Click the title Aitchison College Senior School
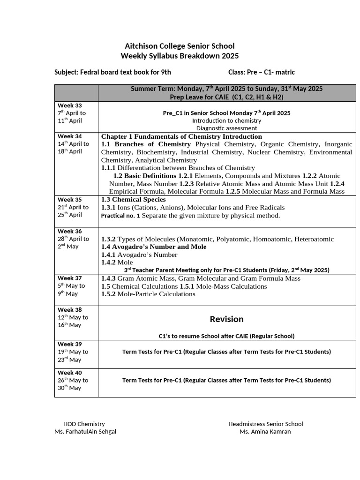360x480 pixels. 180,46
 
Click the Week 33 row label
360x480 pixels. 69,105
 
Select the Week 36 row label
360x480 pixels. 69,231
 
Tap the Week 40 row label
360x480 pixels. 69,373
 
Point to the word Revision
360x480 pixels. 226,319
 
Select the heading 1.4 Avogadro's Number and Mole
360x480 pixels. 154,247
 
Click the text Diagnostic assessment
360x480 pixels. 226,128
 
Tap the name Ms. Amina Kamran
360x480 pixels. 265,431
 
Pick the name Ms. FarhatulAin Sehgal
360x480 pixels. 85,431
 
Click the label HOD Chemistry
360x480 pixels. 84,424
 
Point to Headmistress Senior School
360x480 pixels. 265,424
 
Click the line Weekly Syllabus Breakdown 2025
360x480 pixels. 180,56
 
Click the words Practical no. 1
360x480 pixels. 120,216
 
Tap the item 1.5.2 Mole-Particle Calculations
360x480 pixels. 148,294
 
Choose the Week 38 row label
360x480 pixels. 69,310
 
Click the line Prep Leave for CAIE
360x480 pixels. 226,97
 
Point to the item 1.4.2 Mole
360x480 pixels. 117,262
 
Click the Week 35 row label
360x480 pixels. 69,200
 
